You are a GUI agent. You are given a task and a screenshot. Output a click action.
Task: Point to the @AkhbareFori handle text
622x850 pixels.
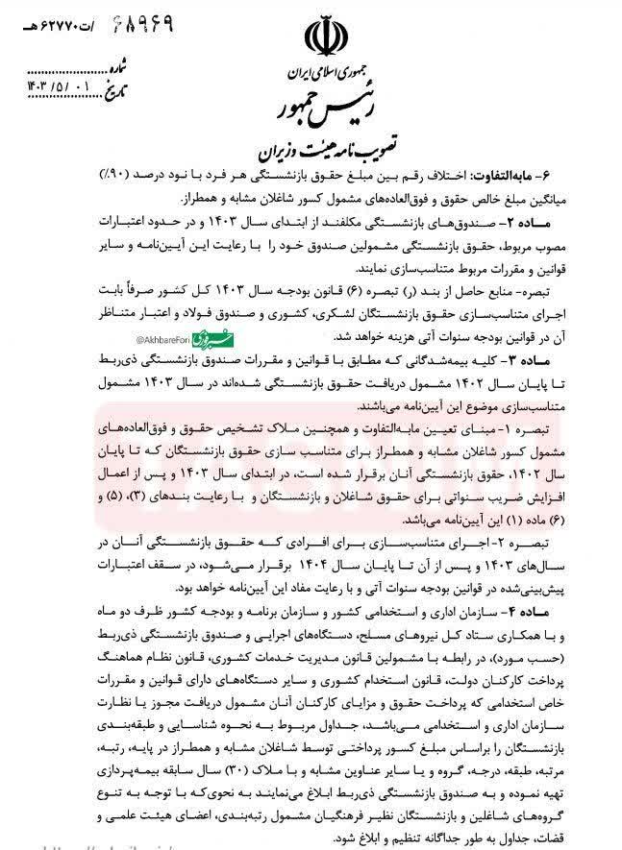click(163, 340)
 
